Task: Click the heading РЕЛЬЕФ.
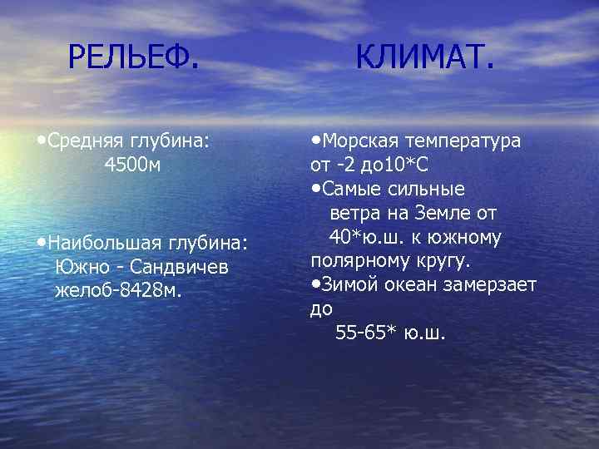[x=133, y=57]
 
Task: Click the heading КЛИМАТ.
[x=424, y=57]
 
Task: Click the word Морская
[x=354, y=141]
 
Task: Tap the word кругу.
[x=439, y=261]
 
